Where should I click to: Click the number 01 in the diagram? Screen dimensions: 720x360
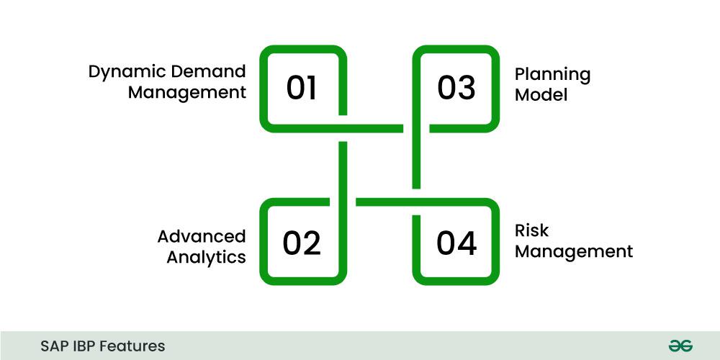tap(301, 88)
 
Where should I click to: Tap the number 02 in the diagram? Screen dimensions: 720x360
tap(301, 243)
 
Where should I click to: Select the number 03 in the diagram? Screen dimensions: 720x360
tap(456, 88)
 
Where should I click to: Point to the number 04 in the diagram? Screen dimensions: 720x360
tap(456, 243)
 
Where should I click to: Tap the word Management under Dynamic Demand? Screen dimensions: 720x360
tap(187, 92)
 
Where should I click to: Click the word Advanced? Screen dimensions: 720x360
tap(202, 236)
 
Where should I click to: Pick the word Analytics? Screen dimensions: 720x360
tap(206, 257)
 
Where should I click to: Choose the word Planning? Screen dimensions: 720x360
tap(552, 75)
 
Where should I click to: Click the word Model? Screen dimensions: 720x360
tap(541, 94)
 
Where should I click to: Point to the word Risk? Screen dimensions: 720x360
tap(531, 230)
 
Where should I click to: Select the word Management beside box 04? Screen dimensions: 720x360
tap(574, 252)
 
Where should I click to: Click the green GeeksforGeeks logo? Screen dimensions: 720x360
tap(680, 346)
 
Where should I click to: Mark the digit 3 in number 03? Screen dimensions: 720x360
tap(466, 88)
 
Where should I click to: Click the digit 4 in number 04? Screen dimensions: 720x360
tap(467, 243)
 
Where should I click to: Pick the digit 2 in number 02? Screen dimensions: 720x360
tap(311, 243)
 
